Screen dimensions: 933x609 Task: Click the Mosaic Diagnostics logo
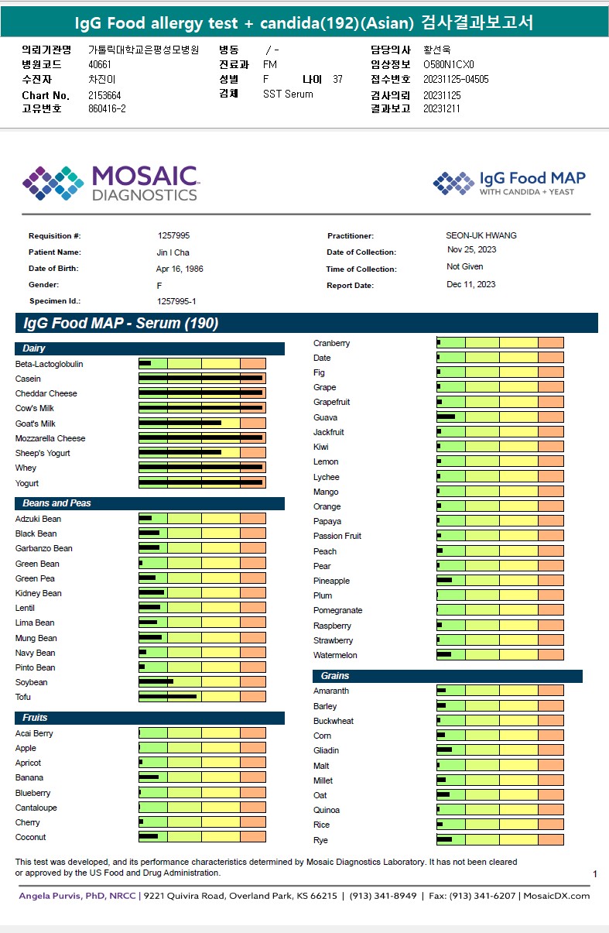110,183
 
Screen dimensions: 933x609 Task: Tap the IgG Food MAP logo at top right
508,183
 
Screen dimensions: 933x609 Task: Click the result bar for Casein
202,379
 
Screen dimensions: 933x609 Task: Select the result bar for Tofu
202,697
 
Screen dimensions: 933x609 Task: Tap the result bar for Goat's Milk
202,424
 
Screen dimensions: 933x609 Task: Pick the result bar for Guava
500,417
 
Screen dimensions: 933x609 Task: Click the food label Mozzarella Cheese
50,438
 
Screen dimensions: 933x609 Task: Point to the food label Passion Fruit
337,536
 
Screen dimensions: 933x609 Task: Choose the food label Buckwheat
334,721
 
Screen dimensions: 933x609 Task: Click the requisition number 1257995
173,235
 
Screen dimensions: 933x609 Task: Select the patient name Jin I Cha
173,252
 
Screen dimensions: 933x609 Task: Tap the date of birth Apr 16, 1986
180,269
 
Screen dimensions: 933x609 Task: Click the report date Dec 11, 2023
471,284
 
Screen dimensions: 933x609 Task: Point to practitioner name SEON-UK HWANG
481,235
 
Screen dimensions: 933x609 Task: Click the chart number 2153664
104,95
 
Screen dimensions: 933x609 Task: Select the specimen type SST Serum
288,94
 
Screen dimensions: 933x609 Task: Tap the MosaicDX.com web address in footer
556,896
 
